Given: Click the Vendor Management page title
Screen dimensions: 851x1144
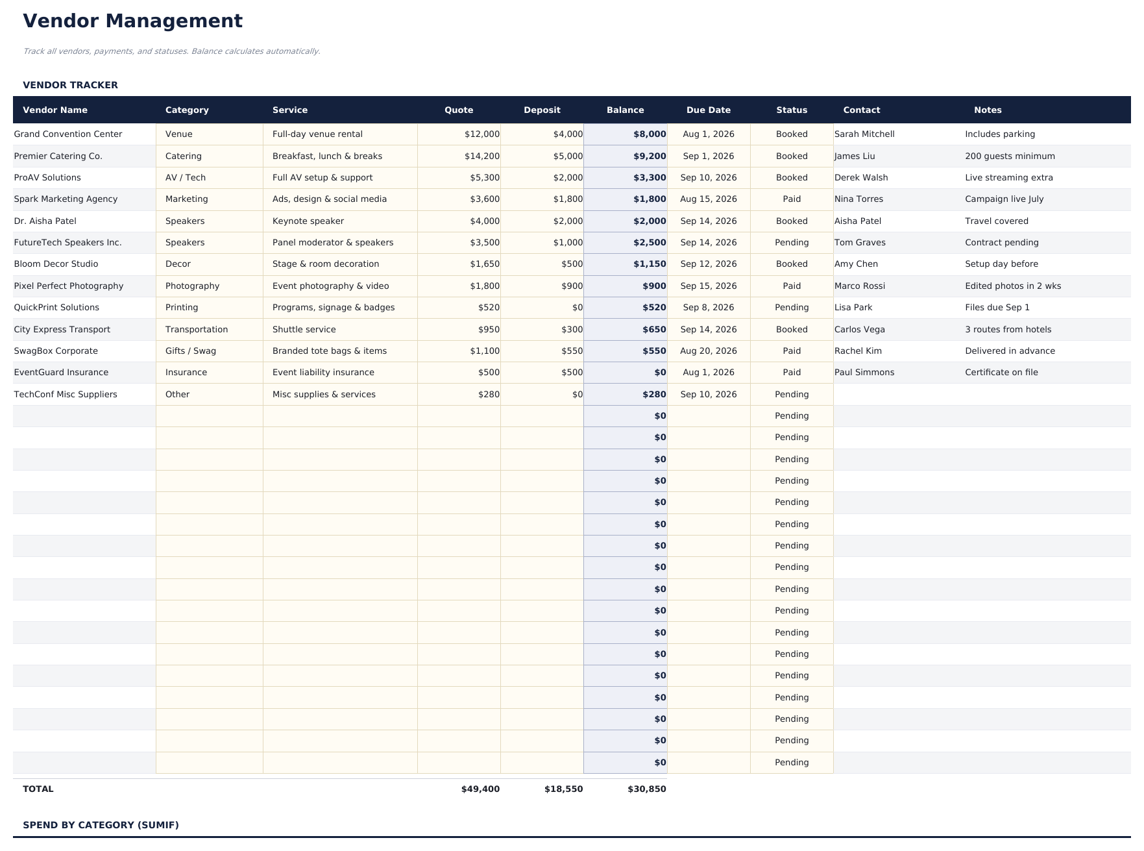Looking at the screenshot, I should pyautogui.click(x=132, y=21).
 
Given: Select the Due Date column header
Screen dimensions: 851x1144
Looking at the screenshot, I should pyautogui.click(x=708, y=110).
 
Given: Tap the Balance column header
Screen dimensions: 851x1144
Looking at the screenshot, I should pyautogui.click(x=625, y=110).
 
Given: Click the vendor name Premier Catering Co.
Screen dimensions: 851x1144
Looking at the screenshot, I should pyautogui.click(x=58, y=156).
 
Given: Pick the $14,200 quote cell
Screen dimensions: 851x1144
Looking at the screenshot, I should pyautogui.click(x=481, y=156).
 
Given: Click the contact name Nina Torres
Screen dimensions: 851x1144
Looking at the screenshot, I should pyautogui.click(x=858, y=199).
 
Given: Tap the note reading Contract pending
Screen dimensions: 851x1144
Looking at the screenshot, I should pyautogui.click(x=1001, y=243).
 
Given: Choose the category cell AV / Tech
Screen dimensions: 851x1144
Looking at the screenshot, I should pyautogui.click(x=185, y=178).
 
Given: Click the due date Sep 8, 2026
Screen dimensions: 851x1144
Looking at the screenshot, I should pyautogui.click(x=708, y=308).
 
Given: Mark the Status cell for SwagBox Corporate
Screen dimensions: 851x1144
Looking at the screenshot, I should pyautogui.click(x=791, y=351).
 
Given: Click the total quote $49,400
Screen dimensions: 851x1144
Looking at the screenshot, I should pyautogui.click(x=480, y=789).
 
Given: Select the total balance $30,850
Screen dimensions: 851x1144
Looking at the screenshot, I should pyautogui.click(x=646, y=789).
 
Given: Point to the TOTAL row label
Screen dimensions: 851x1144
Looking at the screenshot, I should pyautogui.click(x=38, y=789).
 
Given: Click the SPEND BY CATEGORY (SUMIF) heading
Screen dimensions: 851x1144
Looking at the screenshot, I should pyautogui.click(x=101, y=825).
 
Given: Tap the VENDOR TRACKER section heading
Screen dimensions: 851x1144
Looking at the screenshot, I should pyautogui.click(x=70, y=85).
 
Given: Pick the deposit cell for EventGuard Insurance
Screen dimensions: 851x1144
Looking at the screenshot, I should pyautogui.click(x=568, y=373).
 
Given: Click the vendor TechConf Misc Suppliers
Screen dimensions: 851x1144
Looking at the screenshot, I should pyautogui.click(x=65, y=395).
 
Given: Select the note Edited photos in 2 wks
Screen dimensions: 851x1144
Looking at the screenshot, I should pyautogui.click(x=1012, y=286).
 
